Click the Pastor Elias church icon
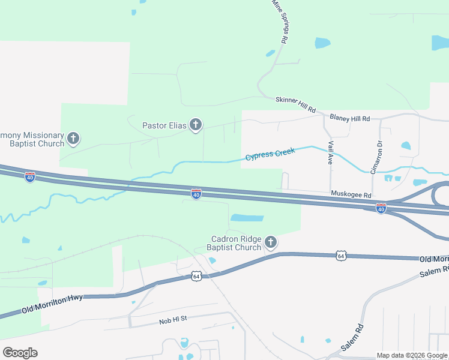[195, 125]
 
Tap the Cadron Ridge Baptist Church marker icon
[271, 242]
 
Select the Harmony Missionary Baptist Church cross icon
[73, 139]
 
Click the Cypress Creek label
[270, 154]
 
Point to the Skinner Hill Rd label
[295, 104]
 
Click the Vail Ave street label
[331, 152]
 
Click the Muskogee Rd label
[351, 194]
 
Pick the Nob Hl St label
[173, 320]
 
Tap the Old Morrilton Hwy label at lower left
[53, 304]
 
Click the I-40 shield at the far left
[30, 177]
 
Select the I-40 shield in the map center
[196, 193]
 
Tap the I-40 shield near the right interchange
[381, 208]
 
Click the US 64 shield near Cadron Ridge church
[196, 276]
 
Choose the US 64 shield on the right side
[341, 256]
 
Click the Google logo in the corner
[20, 352]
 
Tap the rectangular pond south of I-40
[247, 218]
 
